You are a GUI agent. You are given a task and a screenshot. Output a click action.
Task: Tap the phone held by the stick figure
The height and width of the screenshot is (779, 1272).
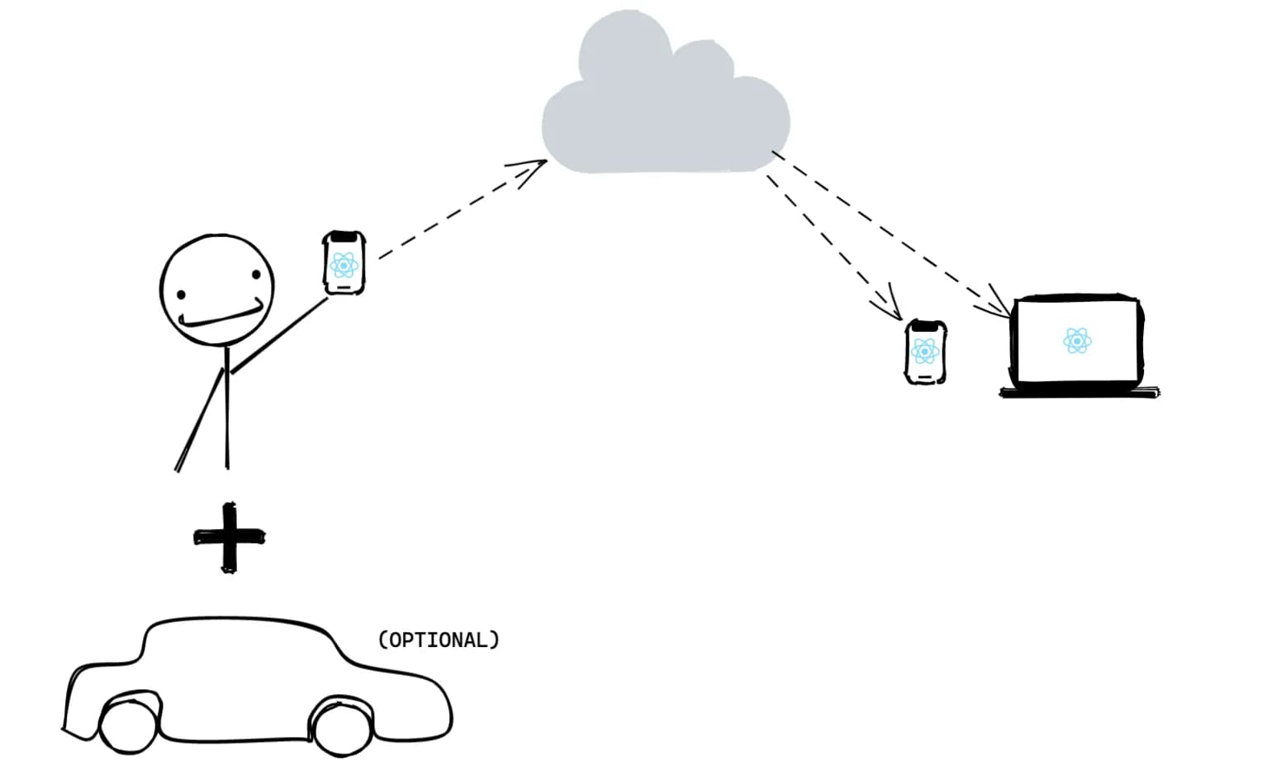click(x=344, y=262)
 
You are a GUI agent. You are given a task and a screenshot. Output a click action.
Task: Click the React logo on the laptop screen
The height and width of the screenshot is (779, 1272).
click(x=1077, y=340)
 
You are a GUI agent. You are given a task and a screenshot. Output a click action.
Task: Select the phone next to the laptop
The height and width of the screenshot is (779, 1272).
click(x=925, y=352)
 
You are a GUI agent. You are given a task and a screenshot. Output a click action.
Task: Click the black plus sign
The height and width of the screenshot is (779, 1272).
click(x=229, y=537)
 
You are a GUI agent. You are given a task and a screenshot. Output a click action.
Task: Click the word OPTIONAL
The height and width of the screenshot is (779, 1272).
click(x=439, y=640)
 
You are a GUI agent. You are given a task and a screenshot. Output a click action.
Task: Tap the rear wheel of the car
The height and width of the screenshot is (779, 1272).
click(x=342, y=726)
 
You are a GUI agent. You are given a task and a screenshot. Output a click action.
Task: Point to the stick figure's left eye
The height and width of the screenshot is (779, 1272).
click(x=180, y=293)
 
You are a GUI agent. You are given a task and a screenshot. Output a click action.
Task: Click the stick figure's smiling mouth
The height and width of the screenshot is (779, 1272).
click(x=223, y=316)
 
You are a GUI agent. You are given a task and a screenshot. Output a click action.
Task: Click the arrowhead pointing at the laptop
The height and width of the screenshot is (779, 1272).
click(x=997, y=305)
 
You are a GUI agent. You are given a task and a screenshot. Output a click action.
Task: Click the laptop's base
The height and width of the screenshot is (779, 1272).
click(x=1079, y=393)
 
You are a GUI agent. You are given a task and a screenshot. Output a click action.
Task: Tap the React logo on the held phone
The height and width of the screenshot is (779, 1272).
click(x=344, y=265)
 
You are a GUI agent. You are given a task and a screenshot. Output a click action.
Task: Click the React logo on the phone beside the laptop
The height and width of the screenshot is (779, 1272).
click(x=925, y=352)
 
